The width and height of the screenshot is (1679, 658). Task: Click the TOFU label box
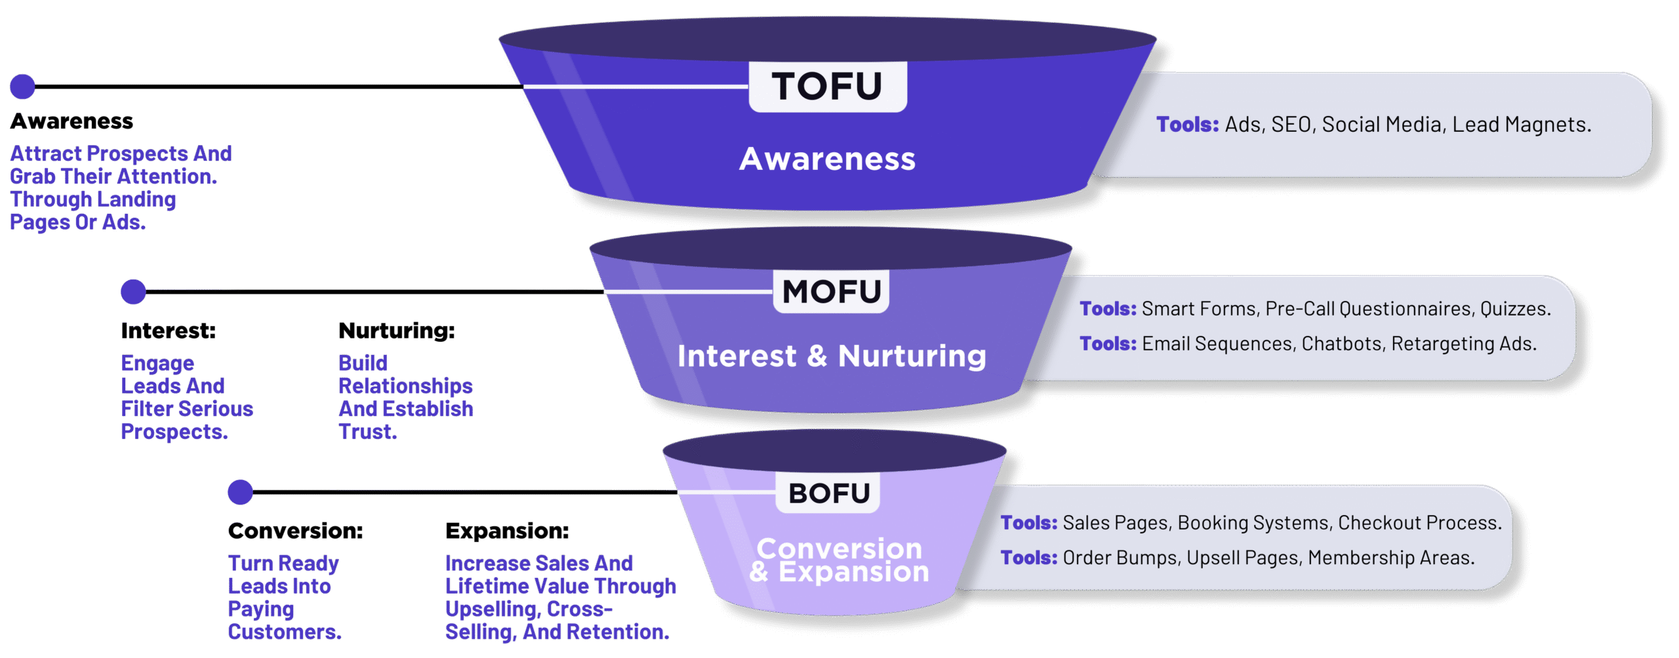click(828, 87)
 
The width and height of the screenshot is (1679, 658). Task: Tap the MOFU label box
click(831, 291)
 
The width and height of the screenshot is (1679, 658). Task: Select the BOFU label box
click(828, 493)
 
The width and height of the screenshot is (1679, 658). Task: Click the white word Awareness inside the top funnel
click(827, 159)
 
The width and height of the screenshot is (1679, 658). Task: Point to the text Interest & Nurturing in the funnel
click(832, 356)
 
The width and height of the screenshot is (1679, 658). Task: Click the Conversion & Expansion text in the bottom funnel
click(839, 560)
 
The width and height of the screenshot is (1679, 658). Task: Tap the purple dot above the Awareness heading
click(22, 87)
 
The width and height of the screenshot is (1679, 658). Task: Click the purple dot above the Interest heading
click(133, 292)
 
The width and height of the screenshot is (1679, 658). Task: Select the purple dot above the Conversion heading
click(240, 492)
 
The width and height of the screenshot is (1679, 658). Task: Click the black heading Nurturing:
click(396, 331)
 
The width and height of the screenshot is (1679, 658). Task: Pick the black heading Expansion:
click(507, 531)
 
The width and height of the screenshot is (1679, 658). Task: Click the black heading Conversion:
click(295, 531)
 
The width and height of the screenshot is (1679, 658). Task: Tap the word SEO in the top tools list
click(1291, 125)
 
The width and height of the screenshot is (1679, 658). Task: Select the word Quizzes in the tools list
click(1514, 309)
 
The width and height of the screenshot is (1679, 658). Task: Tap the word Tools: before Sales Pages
click(1028, 523)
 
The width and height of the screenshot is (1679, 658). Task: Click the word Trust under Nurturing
click(366, 432)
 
